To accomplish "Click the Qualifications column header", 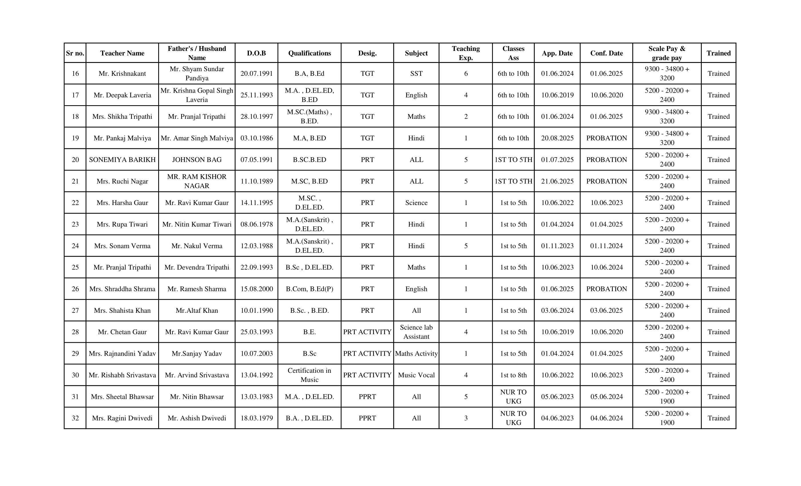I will (x=309, y=53).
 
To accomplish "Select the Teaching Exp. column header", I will (x=465, y=53).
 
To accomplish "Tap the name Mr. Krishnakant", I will (x=122, y=74).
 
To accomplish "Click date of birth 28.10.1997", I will (x=257, y=117).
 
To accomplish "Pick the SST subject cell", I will (x=416, y=74).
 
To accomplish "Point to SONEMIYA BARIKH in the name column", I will (x=122, y=160).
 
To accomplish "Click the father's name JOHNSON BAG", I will (x=197, y=160).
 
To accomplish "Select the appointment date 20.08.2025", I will (x=557, y=138).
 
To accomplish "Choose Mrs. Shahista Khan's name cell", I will (x=122, y=310).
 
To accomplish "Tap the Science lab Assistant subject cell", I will (x=416, y=332).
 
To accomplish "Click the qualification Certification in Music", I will (x=309, y=375).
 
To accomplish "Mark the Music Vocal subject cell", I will (x=416, y=375).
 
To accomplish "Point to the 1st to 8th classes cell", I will (x=513, y=375).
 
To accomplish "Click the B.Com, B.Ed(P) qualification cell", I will (x=309, y=289).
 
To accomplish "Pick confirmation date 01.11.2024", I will (x=606, y=246).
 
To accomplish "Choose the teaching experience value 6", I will (x=465, y=74).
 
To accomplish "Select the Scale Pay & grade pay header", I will (x=667, y=53).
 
